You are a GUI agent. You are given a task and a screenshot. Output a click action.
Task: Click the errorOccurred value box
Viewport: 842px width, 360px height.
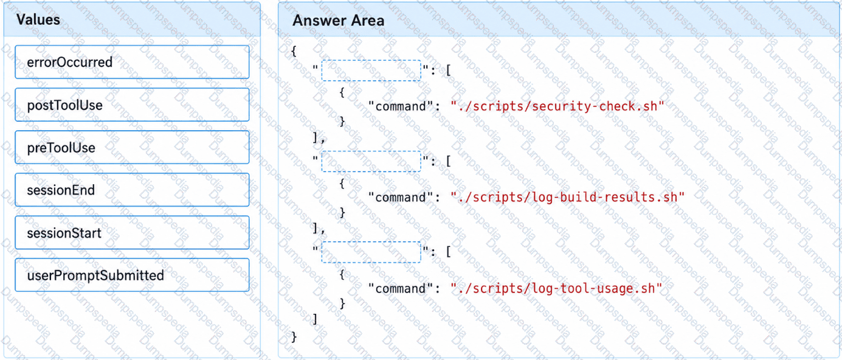[x=132, y=62]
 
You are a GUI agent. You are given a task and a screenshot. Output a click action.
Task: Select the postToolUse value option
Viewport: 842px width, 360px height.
[x=132, y=105]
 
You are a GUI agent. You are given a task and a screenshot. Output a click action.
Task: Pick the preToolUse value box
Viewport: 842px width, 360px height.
[x=132, y=147]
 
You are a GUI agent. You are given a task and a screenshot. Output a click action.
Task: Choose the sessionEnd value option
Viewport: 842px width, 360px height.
[x=132, y=190]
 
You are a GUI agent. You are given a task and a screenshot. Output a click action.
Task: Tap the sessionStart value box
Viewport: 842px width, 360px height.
[x=132, y=233]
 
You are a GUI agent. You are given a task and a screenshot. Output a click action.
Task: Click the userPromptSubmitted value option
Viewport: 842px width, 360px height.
[x=132, y=275]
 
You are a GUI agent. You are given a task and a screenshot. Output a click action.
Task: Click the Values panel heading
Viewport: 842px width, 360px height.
[x=38, y=19]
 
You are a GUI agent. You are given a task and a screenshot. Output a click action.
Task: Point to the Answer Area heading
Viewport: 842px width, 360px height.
[x=338, y=20]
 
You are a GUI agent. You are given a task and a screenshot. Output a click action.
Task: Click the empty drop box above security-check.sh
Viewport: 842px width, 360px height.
[x=371, y=71]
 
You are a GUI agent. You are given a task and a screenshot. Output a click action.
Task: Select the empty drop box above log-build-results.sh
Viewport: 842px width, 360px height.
[x=371, y=161]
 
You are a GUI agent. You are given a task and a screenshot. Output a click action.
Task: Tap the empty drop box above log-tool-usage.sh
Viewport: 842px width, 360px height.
[x=371, y=252]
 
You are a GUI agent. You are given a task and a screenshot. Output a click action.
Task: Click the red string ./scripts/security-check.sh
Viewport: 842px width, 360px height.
[x=557, y=106]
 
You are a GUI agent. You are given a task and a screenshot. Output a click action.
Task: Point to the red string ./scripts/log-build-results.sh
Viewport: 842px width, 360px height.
[x=568, y=197]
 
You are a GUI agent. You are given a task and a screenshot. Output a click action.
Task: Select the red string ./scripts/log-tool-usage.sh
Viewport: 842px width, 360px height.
[x=556, y=288]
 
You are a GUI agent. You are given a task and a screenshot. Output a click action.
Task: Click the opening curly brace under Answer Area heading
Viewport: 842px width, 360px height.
[x=294, y=51]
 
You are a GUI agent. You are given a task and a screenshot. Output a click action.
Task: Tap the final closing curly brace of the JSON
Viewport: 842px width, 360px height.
[x=294, y=337]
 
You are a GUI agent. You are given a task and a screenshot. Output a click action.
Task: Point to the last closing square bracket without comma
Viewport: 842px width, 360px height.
[x=315, y=319]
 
